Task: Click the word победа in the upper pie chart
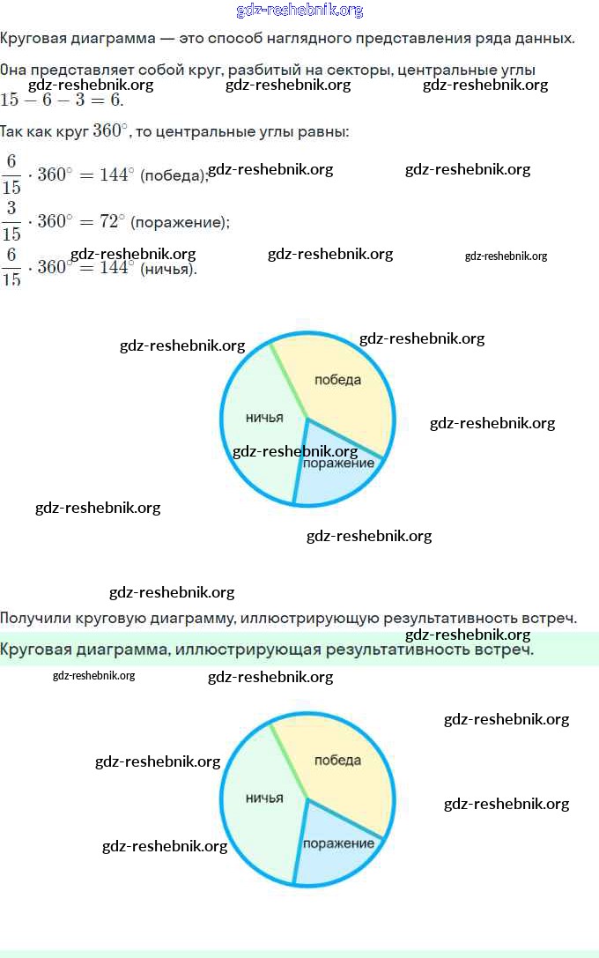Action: pyautogui.click(x=337, y=380)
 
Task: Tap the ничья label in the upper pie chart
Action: pyautogui.click(x=264, y=418)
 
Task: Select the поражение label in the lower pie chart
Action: pyautogui.click(x=338, y=843)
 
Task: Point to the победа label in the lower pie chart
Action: pyautogui.click(x=337, y=760)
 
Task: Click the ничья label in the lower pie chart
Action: pyautogui.click(x=264, y=798)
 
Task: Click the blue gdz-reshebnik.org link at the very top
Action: pyautogui.click(x=299, y=11)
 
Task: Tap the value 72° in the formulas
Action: pyautogui.click(x=110, y=221)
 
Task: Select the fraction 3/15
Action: pyautogui.click(x=11, y=221)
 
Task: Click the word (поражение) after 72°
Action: pyautogui.click(x=180, y=222)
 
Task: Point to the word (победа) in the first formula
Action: pyautogui.click(x=174, y=175)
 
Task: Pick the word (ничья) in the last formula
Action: pyautogui.click(x=168, y=268)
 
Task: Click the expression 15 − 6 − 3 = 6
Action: pyautogui.click(x=62, y=100)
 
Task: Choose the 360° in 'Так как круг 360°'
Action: pyautogui.click(x=110, y=130)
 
